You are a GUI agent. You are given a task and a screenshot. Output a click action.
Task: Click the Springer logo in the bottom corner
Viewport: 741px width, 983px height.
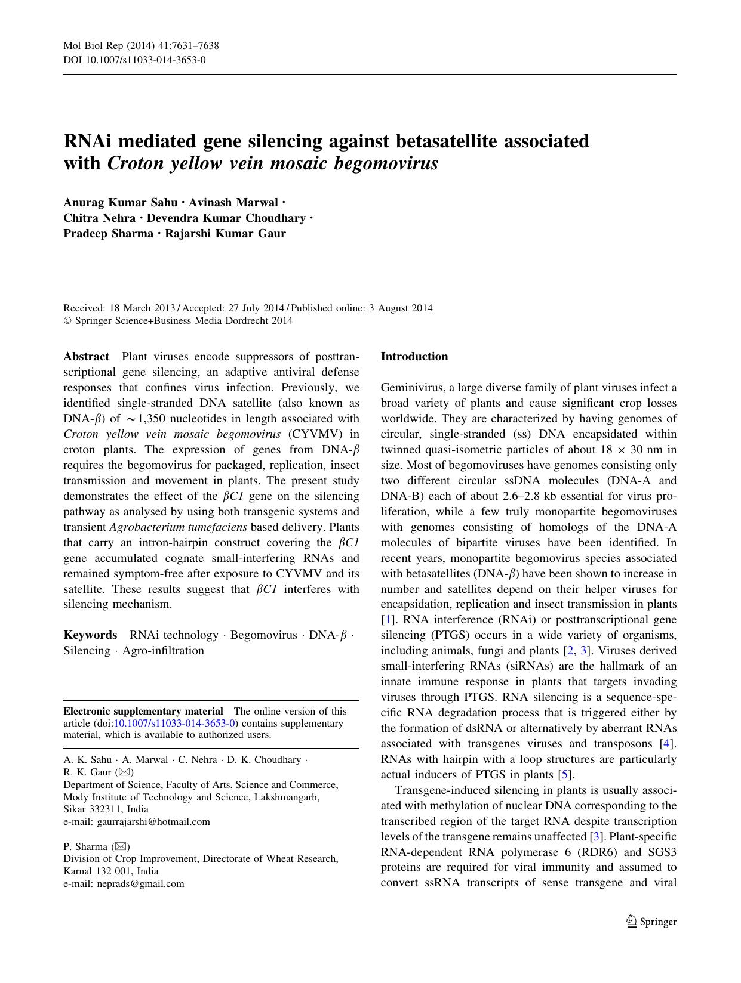pos(651,921)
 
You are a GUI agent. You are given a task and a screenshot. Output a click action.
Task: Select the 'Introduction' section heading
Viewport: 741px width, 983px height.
pos(414,357)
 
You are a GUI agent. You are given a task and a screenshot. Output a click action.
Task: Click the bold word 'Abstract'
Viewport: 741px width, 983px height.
pos(87,357)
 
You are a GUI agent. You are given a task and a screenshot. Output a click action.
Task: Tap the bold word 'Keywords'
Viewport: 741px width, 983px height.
pos(90,635)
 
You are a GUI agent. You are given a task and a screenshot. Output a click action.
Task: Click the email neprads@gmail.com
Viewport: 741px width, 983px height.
pos(140,883)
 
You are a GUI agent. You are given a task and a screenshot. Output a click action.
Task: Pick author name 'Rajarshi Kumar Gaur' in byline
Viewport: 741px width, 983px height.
pos(225,233)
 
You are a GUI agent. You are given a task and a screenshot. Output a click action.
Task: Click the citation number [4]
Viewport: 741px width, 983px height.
pos(667,744)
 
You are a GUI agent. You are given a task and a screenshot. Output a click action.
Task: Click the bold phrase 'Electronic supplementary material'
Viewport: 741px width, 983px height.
pos(143,711)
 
